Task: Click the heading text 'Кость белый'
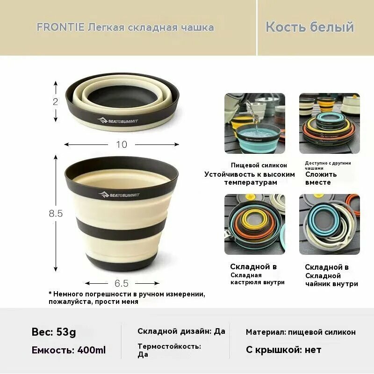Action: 309,27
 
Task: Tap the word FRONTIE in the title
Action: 60,27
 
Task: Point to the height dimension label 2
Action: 56,101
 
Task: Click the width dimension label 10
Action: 121,144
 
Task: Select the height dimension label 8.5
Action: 56,214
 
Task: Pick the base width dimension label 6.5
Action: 121,283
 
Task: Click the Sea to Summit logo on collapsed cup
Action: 117,121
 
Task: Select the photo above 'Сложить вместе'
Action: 329,123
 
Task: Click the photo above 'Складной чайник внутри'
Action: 329,224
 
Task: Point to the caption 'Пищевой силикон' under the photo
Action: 259,165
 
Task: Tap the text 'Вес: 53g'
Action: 54,332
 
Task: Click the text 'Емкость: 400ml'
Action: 69,350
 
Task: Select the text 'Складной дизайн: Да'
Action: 181,331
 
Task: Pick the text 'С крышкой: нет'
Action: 283,350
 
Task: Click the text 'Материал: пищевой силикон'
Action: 301,332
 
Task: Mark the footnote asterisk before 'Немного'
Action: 50,294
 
